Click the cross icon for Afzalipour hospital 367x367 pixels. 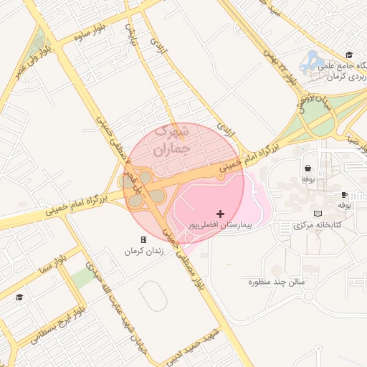coord(220,214)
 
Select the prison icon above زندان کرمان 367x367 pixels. coord(143,239)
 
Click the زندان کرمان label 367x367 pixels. coord(144,251)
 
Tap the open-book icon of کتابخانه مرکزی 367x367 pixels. coord(318,214)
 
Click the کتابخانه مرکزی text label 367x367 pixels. coord(318,225)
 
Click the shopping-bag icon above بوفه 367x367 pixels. coord(308,168)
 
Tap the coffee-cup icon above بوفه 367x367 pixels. coord(344,194)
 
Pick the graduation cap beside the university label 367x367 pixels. coord(349,54)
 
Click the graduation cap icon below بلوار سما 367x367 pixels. coord(19,297)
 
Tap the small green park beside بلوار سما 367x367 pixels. coord(82,278)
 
